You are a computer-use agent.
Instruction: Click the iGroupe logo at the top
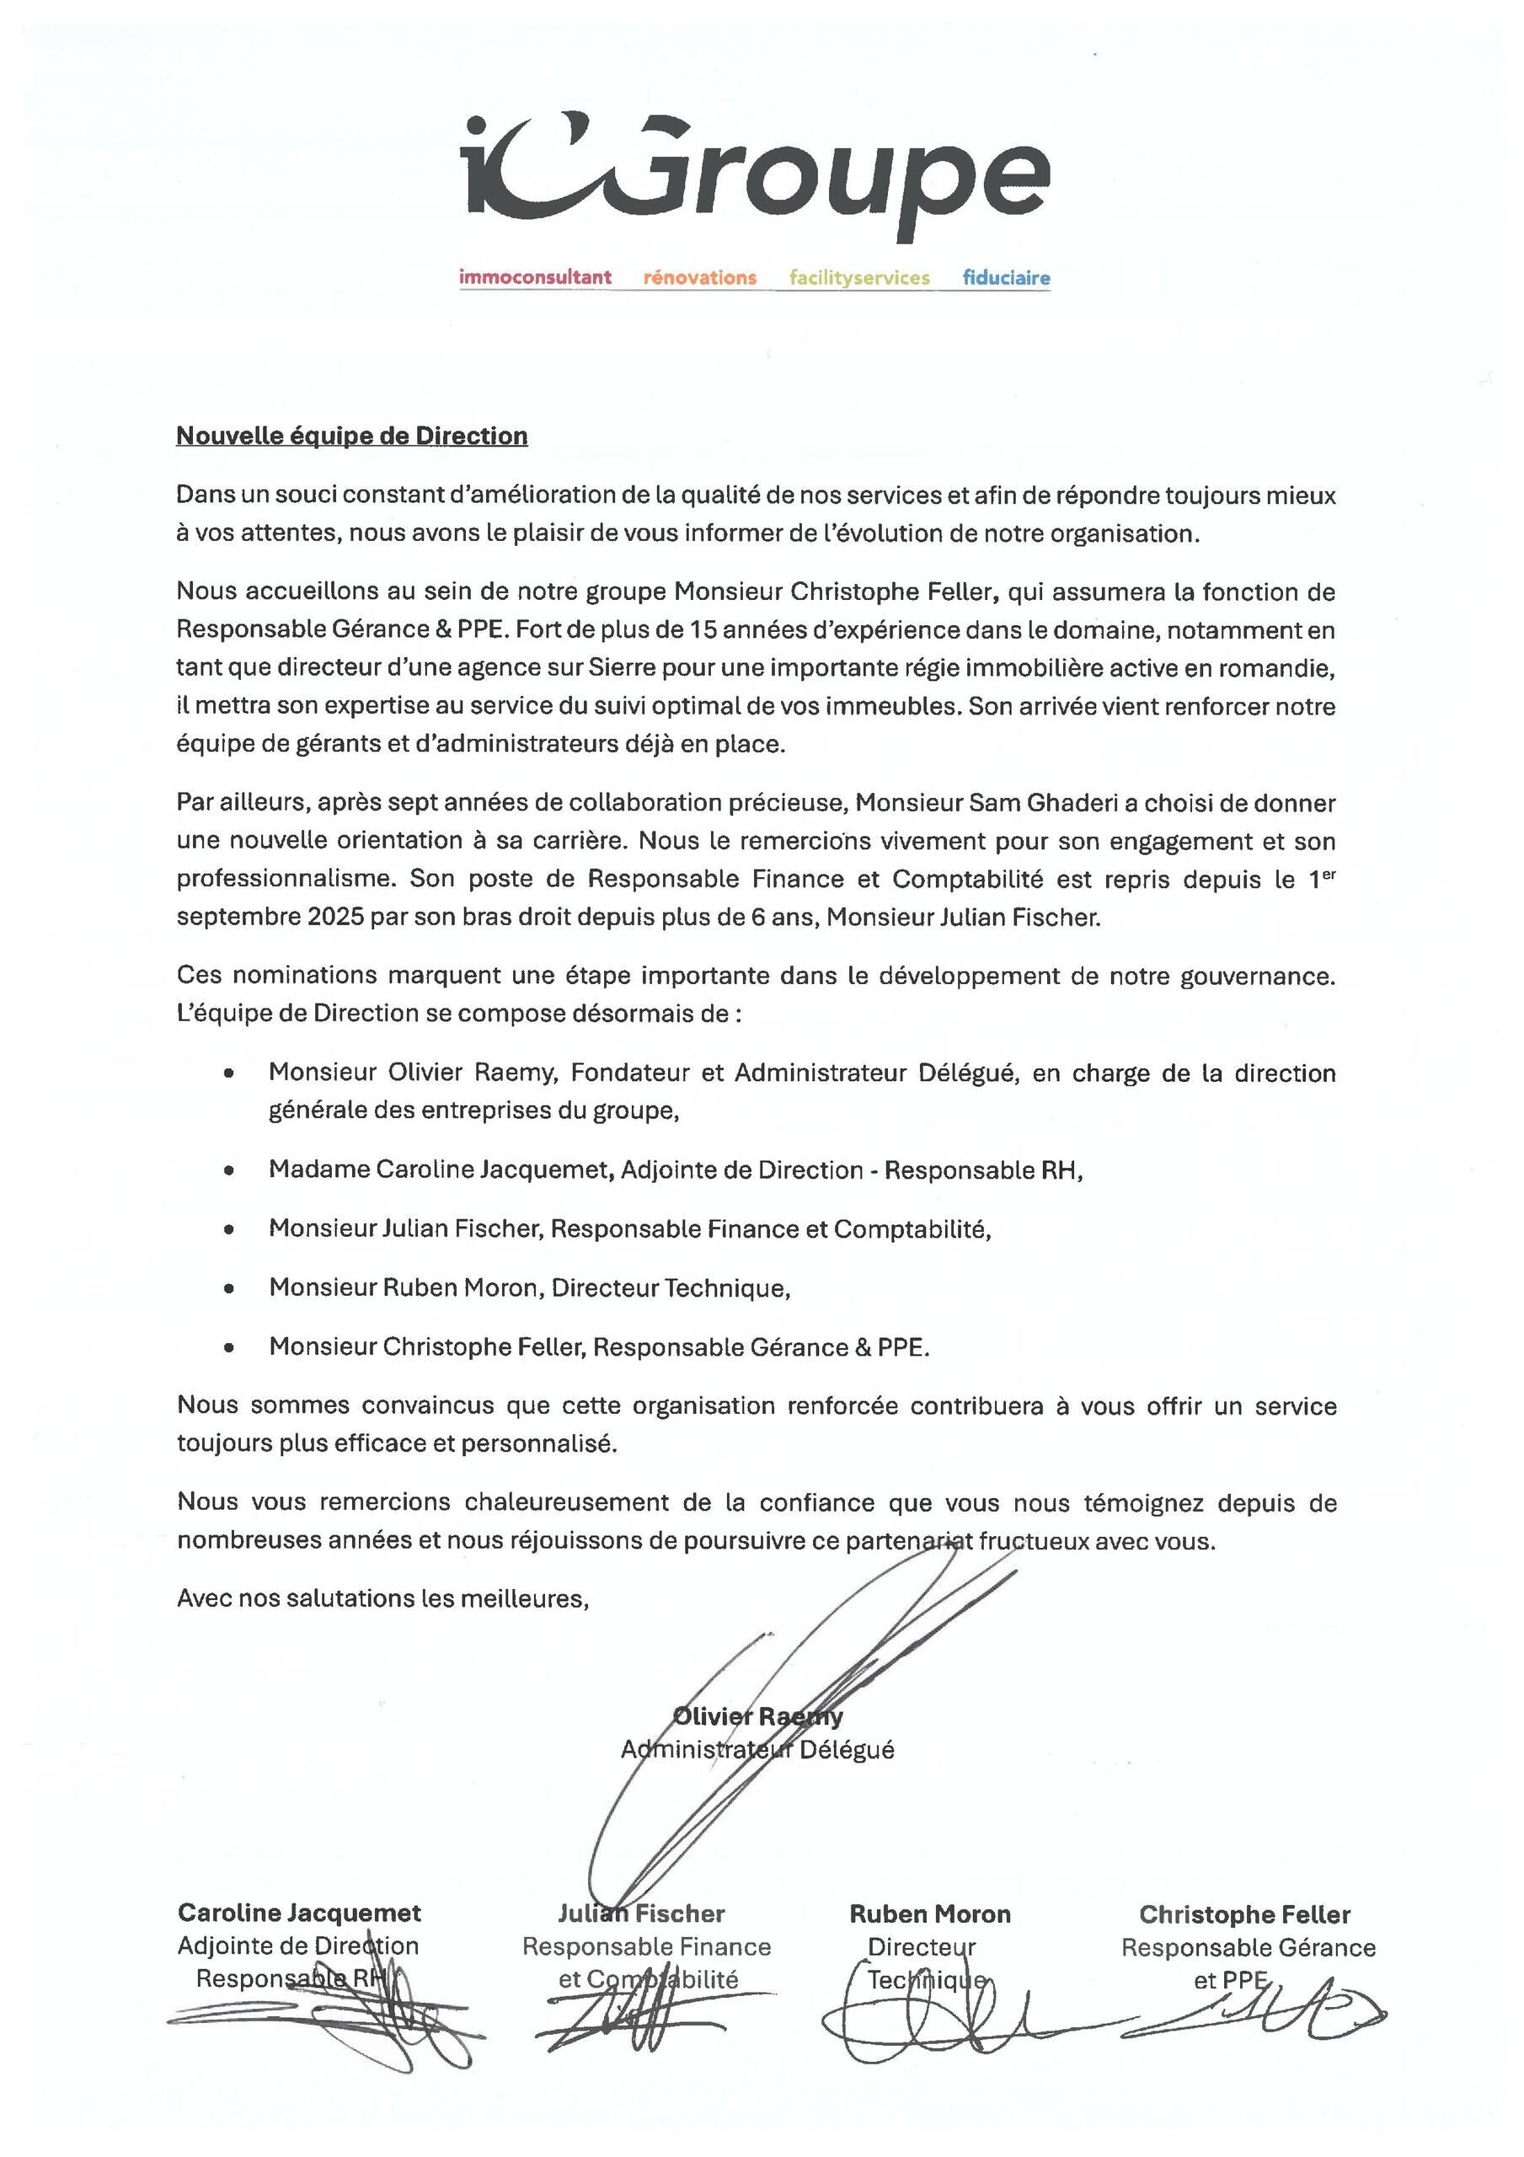[x=757, y=174]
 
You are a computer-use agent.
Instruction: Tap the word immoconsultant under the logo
[x=535, y=277]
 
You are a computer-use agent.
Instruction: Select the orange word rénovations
[x=699, y=277]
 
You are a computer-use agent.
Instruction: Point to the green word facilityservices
[x=858, y=277]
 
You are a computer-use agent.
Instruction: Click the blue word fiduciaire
[x=1005, y=277]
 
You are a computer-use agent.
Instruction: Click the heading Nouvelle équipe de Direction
[x=351, y=436]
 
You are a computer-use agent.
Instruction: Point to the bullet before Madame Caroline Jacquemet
[x=228, y=1170]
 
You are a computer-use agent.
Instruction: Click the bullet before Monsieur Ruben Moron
[x=228, y=1289]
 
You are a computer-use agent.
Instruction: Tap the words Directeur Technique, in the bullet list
[x=670, y=1288]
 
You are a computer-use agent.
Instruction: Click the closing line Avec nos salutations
[x=382, y=1599]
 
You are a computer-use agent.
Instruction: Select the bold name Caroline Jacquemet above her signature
[x=299, y=1913]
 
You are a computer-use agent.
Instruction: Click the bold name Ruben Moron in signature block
[x=929, y=1913]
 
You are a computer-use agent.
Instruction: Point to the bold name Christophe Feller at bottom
[x=1244, y=1914]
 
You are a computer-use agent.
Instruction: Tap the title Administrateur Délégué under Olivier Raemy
[x=757, y=1749]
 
